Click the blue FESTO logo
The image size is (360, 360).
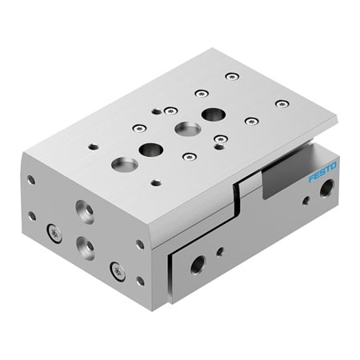point(322,170)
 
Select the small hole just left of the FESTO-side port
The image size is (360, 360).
point(306,200)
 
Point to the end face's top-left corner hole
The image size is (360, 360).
point(30,180)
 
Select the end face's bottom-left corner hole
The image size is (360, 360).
point(32,215)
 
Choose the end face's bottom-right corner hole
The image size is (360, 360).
point(141,281)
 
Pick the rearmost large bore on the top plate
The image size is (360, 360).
point(214,114)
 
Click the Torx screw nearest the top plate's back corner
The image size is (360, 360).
point(231,77)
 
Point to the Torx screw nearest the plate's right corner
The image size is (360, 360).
point(281,103)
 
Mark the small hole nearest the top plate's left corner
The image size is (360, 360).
point(93,146)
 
